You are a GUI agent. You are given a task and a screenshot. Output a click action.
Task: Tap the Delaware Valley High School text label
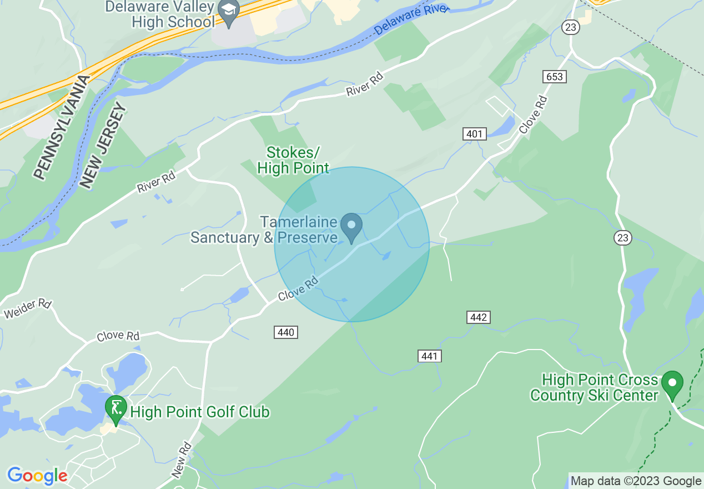(160, 15)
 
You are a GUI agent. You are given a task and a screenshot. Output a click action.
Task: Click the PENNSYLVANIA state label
(61, 128)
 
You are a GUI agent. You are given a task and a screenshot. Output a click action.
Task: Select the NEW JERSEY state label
(103, 146)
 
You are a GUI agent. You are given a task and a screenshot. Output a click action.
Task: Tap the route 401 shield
(474, 134)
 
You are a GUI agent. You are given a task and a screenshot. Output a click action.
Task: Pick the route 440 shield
(286, 332)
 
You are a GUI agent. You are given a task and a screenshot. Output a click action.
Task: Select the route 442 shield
(478, 317)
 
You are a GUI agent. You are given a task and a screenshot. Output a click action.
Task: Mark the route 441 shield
(430, 356)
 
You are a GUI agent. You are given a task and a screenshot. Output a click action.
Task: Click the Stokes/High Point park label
(293, 160)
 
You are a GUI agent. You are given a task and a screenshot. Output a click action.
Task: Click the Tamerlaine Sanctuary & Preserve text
(264, 230)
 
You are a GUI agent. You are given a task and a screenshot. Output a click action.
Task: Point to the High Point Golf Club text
(200, 412)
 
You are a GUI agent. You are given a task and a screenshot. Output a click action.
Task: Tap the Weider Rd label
(28, 309)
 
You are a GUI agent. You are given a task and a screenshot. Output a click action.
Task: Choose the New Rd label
(182, 460)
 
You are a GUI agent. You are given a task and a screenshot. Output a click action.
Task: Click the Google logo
(37, 476)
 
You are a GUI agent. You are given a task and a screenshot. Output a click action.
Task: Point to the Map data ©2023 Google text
(636, 481)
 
